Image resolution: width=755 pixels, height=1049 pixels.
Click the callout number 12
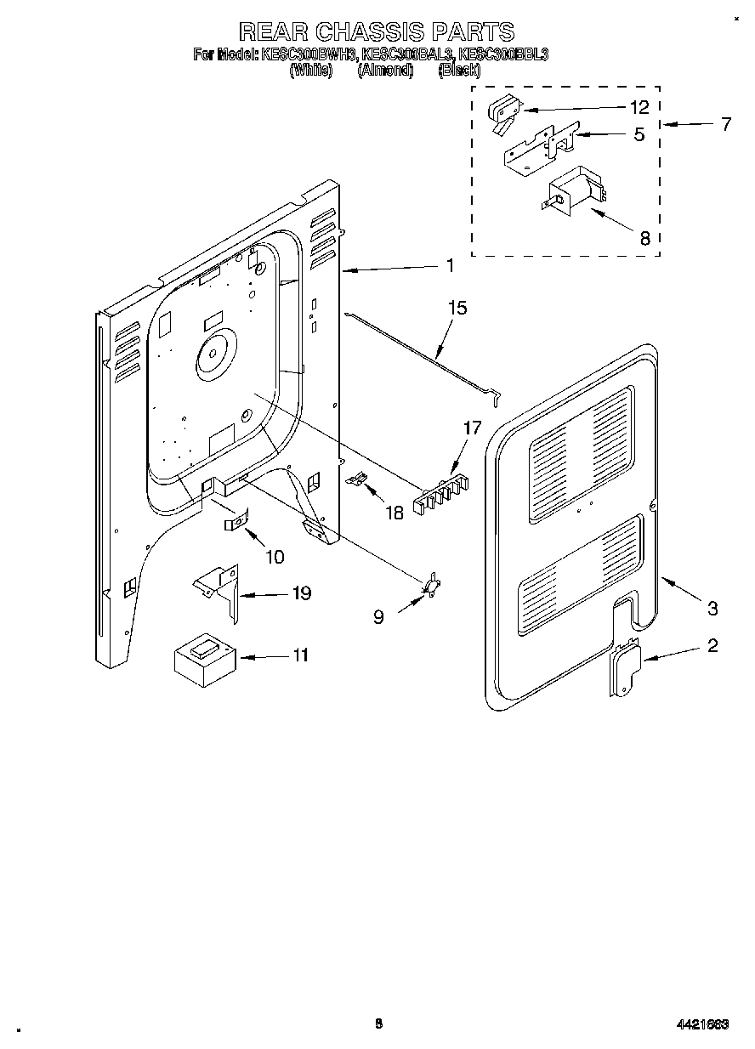(639, 108)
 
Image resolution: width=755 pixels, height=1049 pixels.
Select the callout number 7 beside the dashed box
(724, 125)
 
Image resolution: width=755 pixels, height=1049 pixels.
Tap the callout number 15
(457, 308)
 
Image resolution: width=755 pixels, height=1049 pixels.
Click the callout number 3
(712, 608)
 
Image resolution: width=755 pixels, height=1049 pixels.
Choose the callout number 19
(301, 593)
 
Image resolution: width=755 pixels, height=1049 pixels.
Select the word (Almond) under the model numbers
(385, 71)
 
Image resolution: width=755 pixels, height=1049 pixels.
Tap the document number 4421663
(701, 1025)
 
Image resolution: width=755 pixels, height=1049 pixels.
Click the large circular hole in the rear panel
(213, 354)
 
